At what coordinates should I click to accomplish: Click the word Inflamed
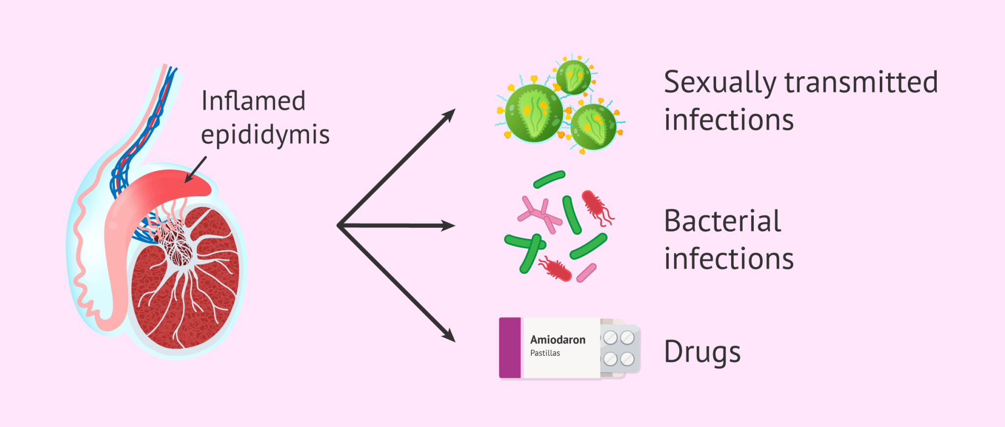[x=253, y=101]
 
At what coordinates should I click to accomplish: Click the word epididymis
[x=265, y=134]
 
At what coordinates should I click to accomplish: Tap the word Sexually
[x=719, y=82]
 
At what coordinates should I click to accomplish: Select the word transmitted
[x=861, y=82]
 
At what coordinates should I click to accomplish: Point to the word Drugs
[x=702, y=352]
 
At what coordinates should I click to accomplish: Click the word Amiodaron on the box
[x=557, y=340]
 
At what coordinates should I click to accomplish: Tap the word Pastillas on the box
[x=545, y=353]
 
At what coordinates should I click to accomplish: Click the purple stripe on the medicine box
[x=510, y=347]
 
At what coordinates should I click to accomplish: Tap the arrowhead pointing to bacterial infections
[x=449, y=226]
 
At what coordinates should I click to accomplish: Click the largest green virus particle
[x=534, y=113]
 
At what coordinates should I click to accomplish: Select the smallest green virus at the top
[x=573, y=77]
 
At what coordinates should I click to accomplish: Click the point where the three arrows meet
[x=339, y=226]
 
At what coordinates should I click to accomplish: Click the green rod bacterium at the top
[x=550, y=180]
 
